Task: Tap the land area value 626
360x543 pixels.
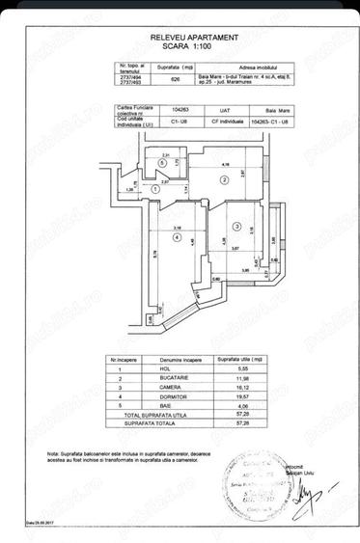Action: click(174, 82)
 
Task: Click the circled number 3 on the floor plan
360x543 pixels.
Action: click(235, 227)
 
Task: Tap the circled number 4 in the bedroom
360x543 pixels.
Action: click(175, 236)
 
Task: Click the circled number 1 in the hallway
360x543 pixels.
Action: click(155, 190)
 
